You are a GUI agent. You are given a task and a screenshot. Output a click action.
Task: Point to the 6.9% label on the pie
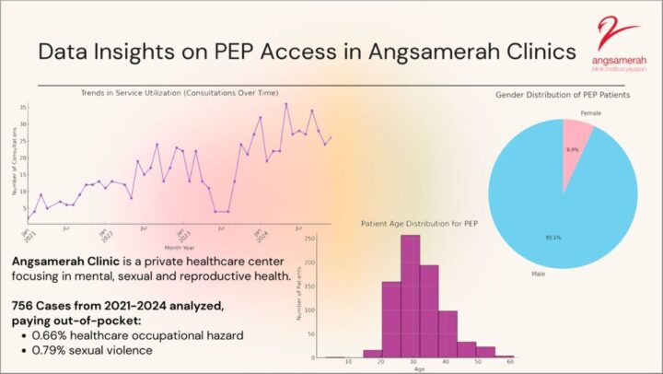[571, 148]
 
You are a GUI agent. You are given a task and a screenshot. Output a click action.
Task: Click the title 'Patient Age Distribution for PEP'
[419, 223]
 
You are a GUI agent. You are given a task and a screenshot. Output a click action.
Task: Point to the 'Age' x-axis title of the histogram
[419, 369]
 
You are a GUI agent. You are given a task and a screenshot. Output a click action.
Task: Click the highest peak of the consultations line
[286, 104]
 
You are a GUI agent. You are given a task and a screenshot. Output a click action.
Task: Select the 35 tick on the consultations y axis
[22, 108]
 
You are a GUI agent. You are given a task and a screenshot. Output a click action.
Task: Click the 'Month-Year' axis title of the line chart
[178, 248]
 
